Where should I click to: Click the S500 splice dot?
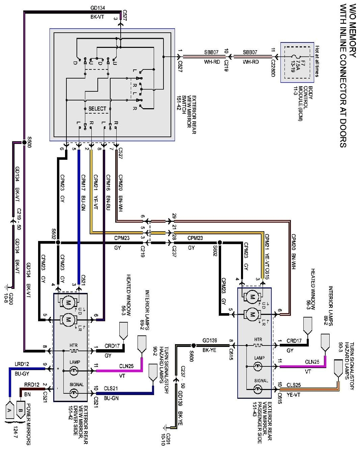tap(24, 142)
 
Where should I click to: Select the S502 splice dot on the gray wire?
tap(58, 242)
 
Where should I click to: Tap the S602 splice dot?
tap(220, 242)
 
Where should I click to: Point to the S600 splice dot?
tap(193, 345)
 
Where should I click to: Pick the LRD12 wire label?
tap(22, 364)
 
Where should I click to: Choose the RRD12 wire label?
tap(32, 384)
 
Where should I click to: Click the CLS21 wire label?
tap(111, 389)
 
